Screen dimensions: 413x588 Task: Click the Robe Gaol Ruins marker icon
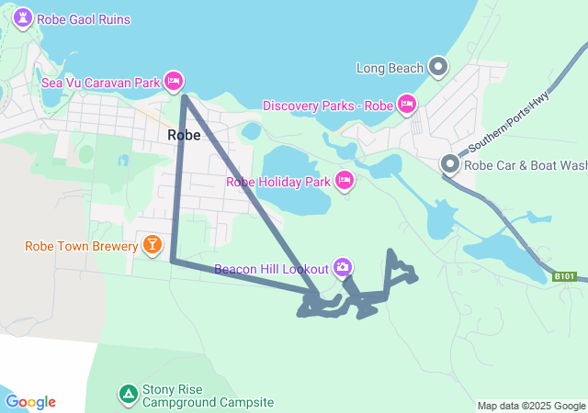[x=23, y=18]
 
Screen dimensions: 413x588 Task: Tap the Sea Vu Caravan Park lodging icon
[x=173, y=82]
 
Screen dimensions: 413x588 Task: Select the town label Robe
[x=184, y=135]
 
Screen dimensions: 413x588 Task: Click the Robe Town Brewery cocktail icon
[x=151, y=245]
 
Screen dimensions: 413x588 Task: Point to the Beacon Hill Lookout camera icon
[x=343, y=268]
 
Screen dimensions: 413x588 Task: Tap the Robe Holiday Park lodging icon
[x=345, y=180]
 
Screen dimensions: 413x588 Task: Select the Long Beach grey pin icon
[x=439, y=67]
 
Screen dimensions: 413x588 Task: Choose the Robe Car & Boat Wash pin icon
[x=450, y=165]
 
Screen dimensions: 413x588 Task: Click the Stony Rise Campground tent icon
[x=128, y=394]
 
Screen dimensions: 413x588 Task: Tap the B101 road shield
[x=565, y=276]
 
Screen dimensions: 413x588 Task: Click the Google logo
[x=30, y=402]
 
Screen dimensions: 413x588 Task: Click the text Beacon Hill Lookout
[x=271, y=269]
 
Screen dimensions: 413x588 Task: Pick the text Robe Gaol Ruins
[x=83, y=19]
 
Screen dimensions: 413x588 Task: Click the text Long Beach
[x=390, y=67]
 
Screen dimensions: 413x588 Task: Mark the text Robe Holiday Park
[x=277, y=181]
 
